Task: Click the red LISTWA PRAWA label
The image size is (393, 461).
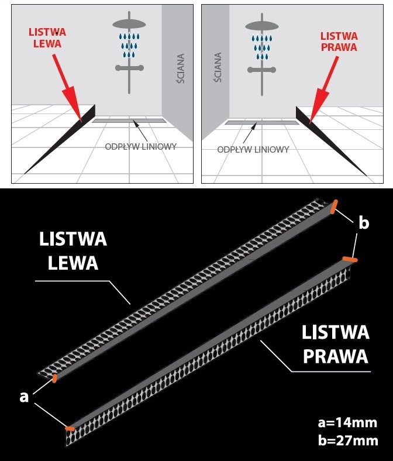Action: (339, 42)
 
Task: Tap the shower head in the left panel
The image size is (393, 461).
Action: (129, 25)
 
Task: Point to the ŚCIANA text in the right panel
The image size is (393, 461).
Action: (218, 69)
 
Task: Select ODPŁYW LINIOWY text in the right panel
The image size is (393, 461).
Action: (253, 149)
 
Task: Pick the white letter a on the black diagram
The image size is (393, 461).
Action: (24, 396)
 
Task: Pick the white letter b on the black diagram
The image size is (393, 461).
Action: (364, 223)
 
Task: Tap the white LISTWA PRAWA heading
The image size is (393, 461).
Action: (335, 344)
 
